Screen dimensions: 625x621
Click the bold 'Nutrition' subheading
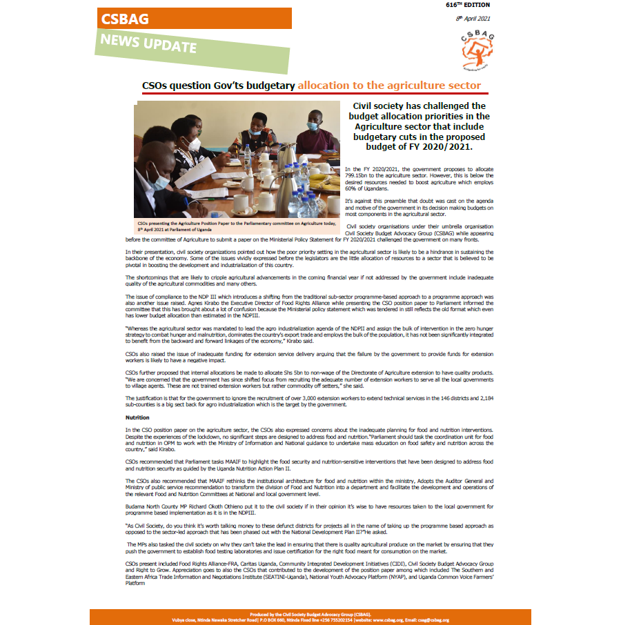pyautogui.click(x=137, y=418)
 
